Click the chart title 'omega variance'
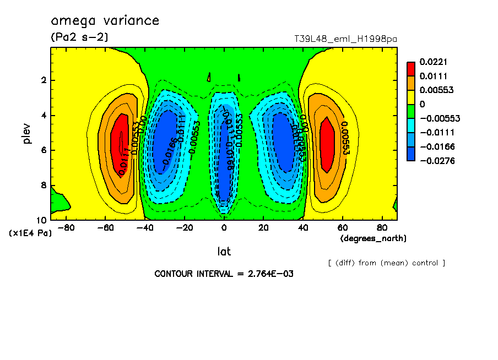105,21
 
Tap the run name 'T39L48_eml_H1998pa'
345,39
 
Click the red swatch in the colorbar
410,68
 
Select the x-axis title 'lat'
224,252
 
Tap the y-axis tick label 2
44,80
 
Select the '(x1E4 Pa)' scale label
30,233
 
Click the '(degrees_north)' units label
373,238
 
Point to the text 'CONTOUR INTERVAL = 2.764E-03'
224,274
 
